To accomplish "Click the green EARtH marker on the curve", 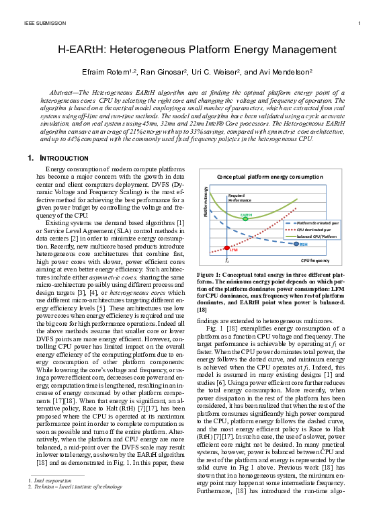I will (246, 218).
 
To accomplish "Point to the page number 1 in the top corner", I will (359, 23).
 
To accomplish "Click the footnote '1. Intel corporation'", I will (49, 498).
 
